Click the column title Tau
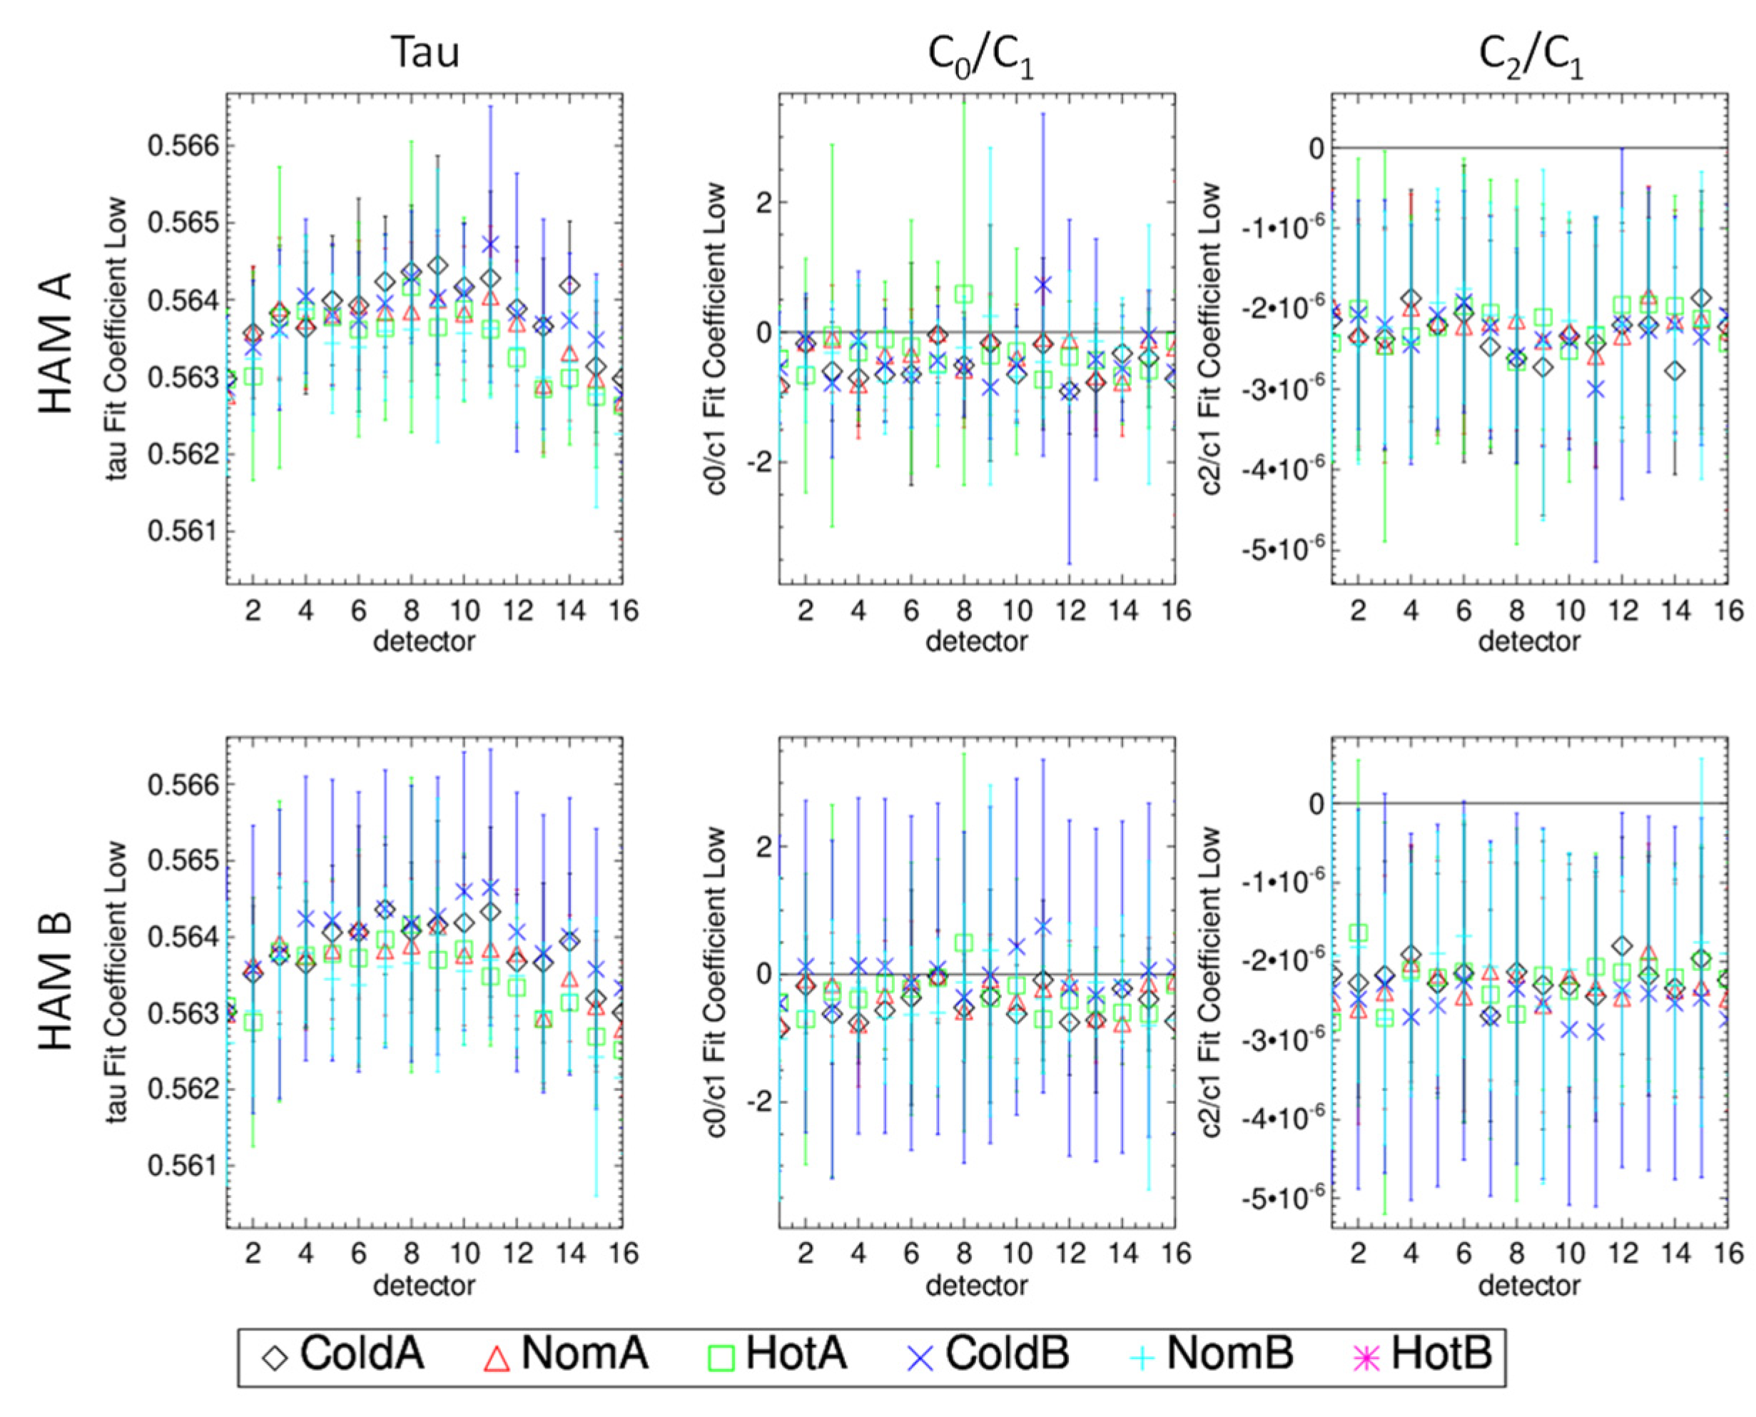tap(425, 52)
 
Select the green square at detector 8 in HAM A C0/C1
tap(964, 294)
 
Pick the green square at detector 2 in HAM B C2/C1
tap(1358, 933)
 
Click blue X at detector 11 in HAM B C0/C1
tap(1043, 925)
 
